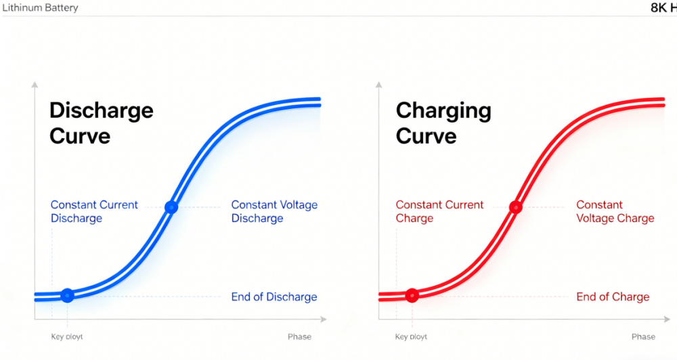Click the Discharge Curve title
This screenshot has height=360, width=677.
pos(102,123)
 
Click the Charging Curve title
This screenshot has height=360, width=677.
pos(443,123)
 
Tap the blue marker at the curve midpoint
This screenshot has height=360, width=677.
pos(171,207)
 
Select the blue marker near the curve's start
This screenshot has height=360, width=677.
pos(67,296)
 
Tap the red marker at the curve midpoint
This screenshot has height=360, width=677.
pos(515,207)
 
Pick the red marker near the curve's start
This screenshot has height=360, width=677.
pos(412,296)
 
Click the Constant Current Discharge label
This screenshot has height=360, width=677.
pos(94,211)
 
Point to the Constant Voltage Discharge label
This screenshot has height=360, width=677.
pos(274,211)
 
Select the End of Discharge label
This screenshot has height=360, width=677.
pos(274,296)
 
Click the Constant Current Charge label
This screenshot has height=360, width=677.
pos(439,211)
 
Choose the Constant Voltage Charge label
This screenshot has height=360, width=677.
pos(615,211)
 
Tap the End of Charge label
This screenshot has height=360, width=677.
pos(613,296)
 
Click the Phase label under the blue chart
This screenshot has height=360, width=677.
pos(300,337)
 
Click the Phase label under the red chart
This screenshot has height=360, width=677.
pos(643,337)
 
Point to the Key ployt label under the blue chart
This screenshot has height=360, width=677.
pos(67,337)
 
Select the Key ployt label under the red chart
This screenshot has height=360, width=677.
pos(411,337)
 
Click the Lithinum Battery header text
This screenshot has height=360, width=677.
pos(40,7)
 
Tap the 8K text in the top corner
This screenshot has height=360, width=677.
pos(659,7)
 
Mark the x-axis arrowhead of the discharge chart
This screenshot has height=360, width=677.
pos(324,319)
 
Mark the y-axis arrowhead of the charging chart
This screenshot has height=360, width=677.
pos(378,85)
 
